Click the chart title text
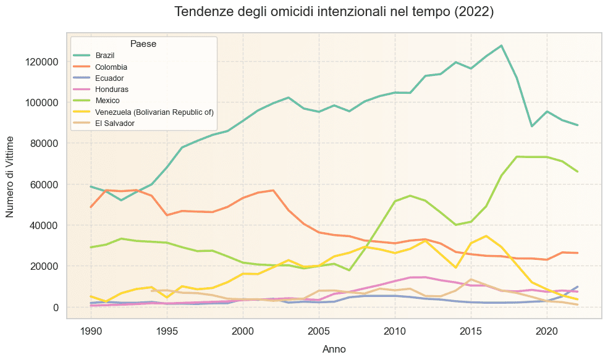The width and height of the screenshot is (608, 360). pyautogui.click(x=334, y=12)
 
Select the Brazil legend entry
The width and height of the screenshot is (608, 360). pyautogui.click(x=104, y=56)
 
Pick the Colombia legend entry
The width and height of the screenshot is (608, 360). pyautogui.click(x=111, y=67)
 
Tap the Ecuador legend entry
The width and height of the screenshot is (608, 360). pyautogui.click(x=109, y=78)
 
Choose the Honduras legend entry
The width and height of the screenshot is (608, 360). pyautogui.click(x=111, y=90)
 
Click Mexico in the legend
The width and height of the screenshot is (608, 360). pyautogui.click(x=107, y=101)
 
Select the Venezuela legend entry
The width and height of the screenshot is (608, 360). pyautogui.click(x=154, y=112)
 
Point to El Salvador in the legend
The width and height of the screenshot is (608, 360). pyautogui.click(x=114, y=123)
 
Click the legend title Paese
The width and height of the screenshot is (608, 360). pyautogui.click(x=143, y=44)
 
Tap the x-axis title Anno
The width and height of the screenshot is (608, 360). pyautogui.click(x=334, y=349)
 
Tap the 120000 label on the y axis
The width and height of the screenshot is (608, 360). pyautogui.click(x=41, y=62)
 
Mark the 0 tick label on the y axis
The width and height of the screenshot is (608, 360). pyautogui.click(x=55, y=308)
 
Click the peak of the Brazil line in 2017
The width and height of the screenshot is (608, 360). pyautogui.click(x=501, y=46)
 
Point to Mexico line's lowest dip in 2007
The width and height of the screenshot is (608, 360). pyautogui.click(x=349, y=270)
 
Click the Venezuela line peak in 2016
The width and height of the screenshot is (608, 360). pyautogui.click(x=486, y=236)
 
